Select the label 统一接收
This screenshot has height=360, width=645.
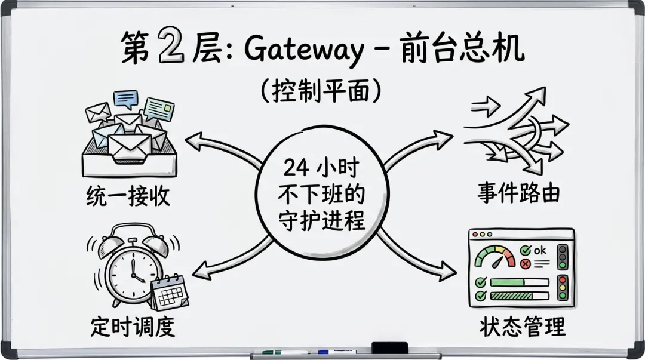click(x=127, y=195)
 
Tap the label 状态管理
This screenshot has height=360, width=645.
click(x=521, y=327)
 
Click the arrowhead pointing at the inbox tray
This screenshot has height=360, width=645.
click(x=192, y=140)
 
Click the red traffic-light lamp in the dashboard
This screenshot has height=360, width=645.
click(x=562, y=279)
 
